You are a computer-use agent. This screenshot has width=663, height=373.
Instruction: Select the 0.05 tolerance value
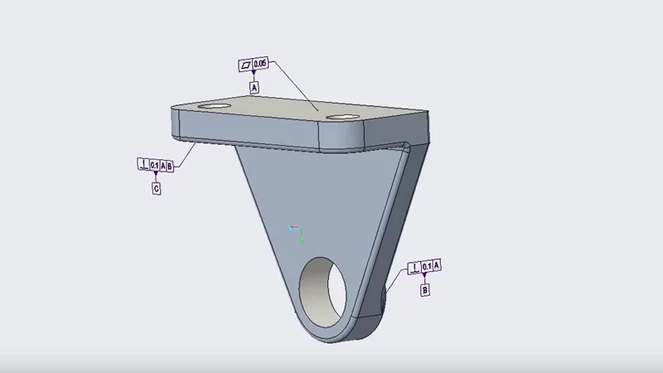(260, 64)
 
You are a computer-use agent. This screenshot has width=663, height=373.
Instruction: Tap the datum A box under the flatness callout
(254, 86)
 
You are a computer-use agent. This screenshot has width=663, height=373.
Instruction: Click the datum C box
(156, 189)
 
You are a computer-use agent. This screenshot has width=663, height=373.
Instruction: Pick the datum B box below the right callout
(425, 291)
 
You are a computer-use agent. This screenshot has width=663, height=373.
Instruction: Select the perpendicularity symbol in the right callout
(414, 266)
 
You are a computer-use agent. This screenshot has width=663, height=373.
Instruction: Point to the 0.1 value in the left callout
(154, 166)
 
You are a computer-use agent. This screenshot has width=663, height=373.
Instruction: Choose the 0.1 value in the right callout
(426, 266)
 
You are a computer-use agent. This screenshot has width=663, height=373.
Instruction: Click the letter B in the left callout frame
(169, 166)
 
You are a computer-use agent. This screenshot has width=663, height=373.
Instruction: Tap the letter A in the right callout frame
(437, 266)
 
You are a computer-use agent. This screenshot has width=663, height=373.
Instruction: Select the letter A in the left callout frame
(162, 166)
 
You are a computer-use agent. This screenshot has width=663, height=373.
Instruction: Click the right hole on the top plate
(341, 117)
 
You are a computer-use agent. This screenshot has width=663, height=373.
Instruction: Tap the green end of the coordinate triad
(302, 241)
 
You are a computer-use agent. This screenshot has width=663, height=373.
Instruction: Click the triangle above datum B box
(425, 279)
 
